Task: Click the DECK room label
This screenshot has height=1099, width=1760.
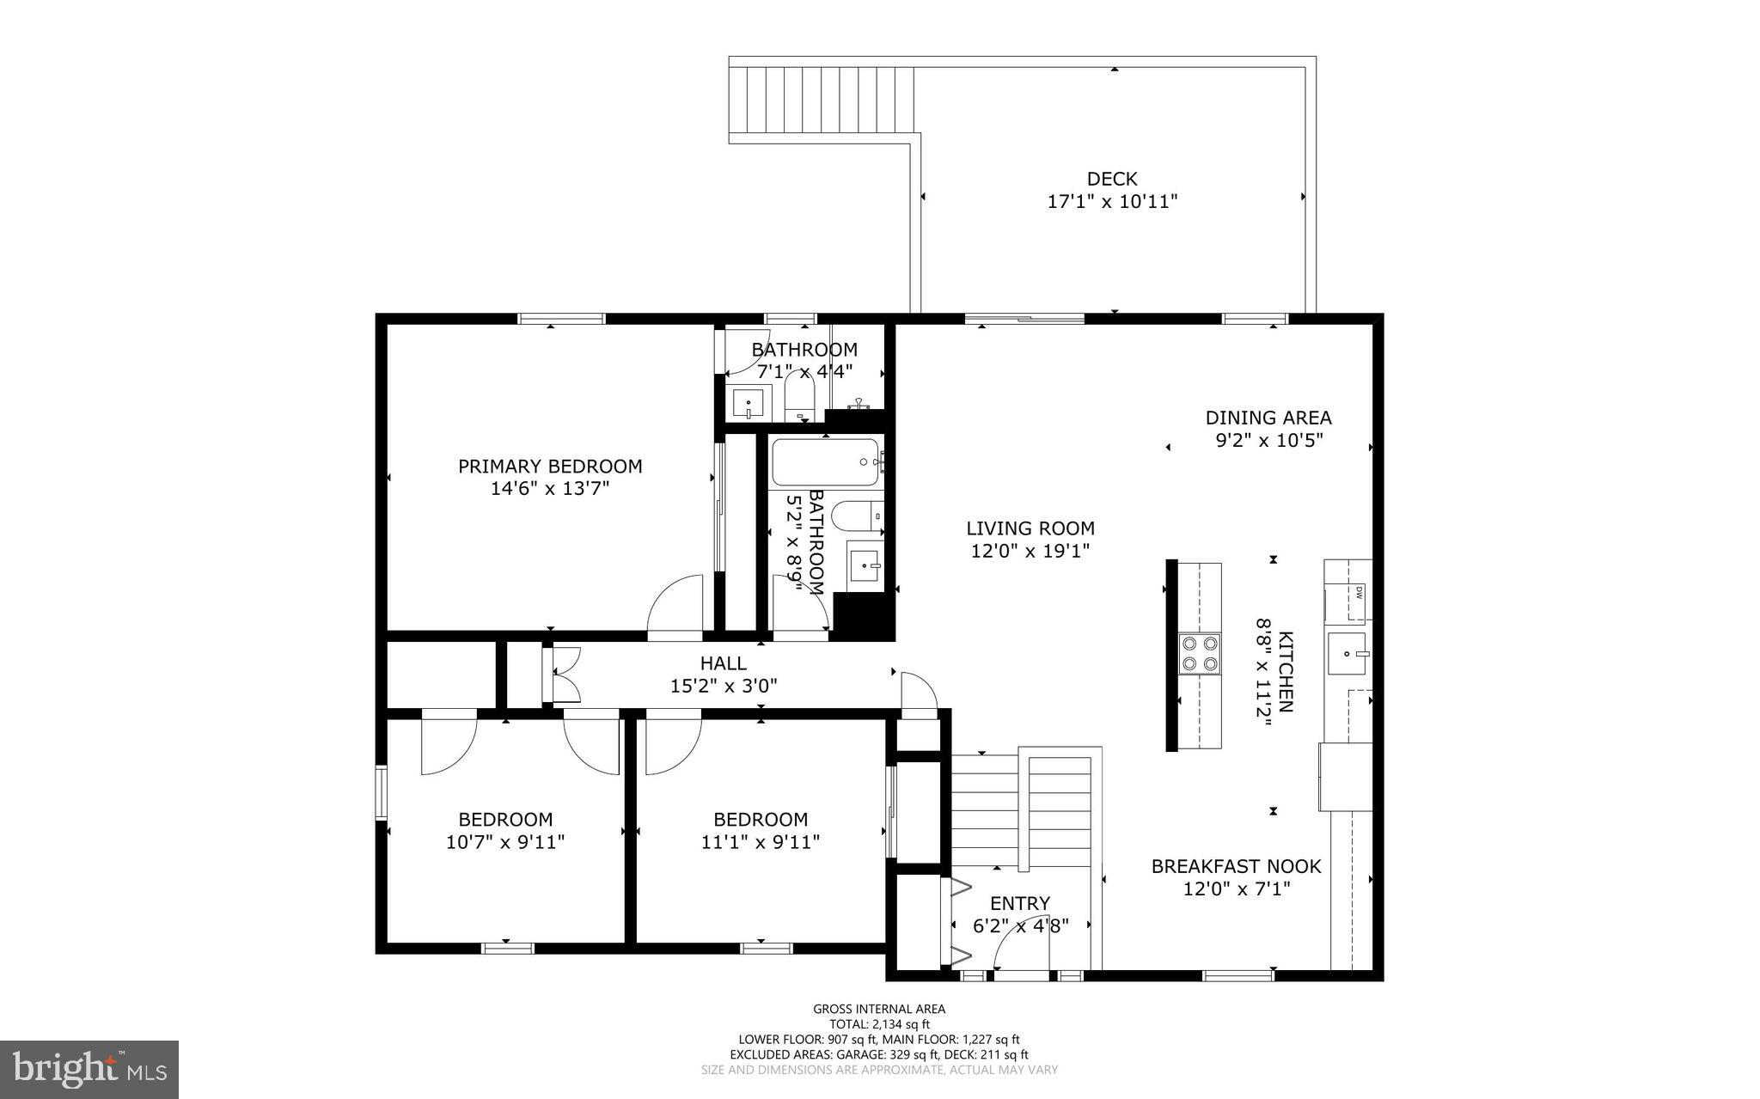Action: pos(1111,179)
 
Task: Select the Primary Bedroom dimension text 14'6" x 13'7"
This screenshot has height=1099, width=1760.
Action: pos(550,489)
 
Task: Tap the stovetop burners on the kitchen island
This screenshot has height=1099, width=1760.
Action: pos(1199,652)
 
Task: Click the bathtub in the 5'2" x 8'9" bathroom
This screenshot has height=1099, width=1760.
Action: pos(825,462)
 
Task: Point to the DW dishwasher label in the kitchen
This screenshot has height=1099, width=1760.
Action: pos(1359,591)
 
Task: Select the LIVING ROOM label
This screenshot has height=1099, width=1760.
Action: pos(1030,528)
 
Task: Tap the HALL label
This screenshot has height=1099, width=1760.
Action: pos(723,663)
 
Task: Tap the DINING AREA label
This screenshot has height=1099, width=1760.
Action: pos(1268,418)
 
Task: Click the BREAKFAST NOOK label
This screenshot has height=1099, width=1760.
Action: pos(1236,866)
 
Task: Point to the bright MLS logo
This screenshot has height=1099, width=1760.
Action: pos(89,1069)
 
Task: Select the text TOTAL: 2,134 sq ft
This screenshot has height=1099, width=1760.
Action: pos(879,1023)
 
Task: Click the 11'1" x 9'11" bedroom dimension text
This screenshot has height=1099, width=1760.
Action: pos(760,842)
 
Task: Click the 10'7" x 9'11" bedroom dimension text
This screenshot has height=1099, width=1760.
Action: pos(504,842)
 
